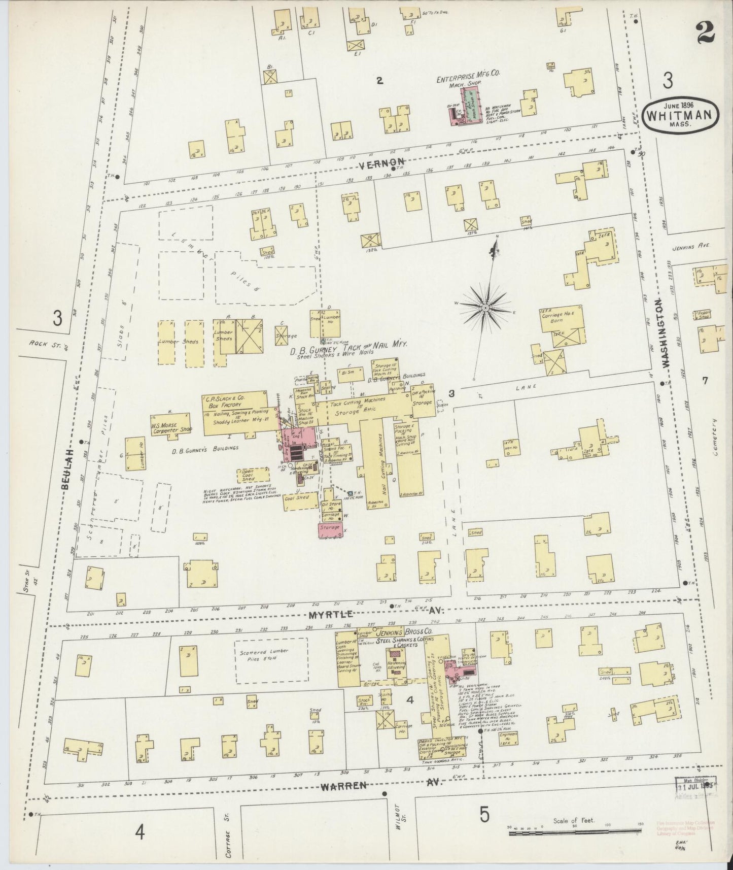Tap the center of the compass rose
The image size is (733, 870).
tap(485, 308)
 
